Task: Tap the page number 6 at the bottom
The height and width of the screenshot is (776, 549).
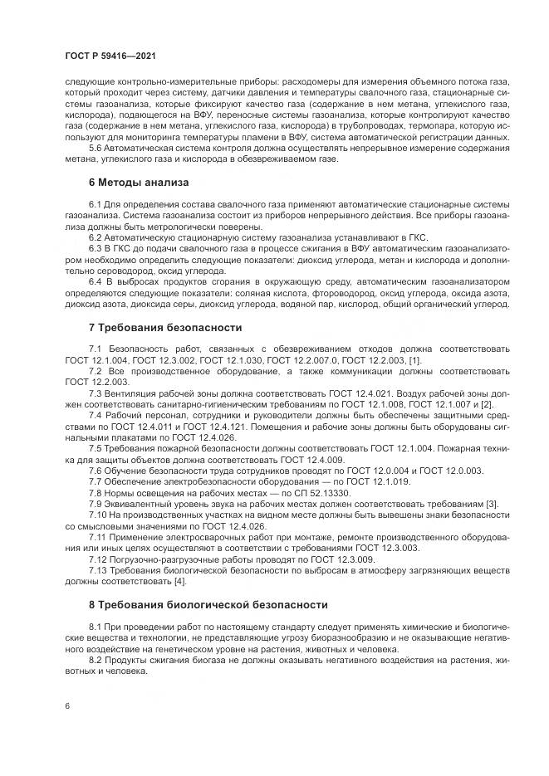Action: point(66,705)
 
